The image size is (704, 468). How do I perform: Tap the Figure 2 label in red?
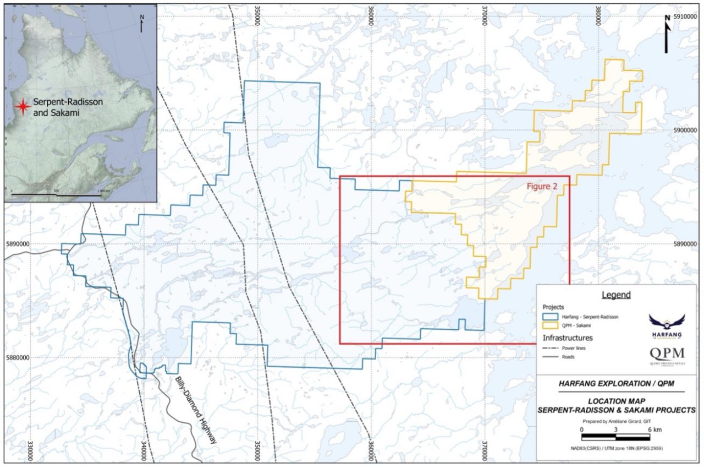(x=542, y=187)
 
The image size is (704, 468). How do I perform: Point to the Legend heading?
(x=615, y=295)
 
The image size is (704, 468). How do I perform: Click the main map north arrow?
(x=667, y=34)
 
